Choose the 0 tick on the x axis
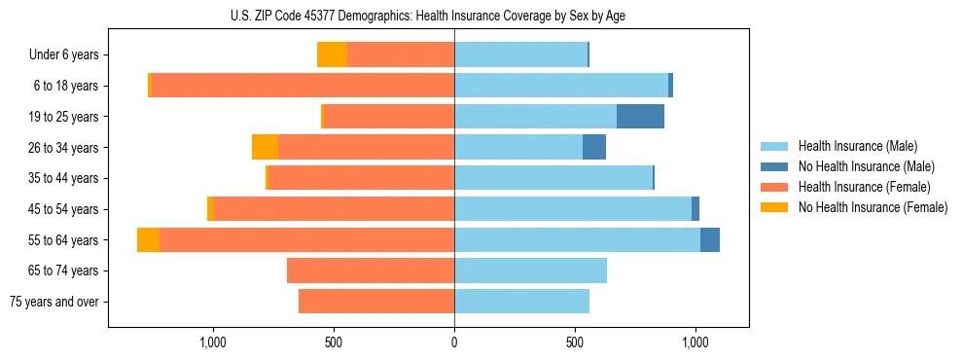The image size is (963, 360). pyautogui.click(x=454, y=342)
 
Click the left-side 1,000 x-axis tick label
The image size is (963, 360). pyautogui.click(x=213, y=342)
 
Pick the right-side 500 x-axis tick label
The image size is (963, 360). pyautogui.click(x=575, y=342)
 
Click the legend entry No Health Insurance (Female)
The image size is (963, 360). pyautogui.click(x=873, y=207)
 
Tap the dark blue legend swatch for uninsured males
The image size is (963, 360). pyautogui.click(x=774, y=166)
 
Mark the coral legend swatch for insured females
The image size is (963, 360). pyautogui.click(x=774, y=187)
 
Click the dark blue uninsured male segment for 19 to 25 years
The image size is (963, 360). pyautogui.click(x=640, y=117)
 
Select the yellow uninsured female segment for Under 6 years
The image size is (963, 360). pyautogui.click(x=332, y=54)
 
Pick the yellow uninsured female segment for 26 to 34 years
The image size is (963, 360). pyautogui.click(x=265, y=147)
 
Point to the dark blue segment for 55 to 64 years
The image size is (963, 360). pyautogui.click(x=710, y=239)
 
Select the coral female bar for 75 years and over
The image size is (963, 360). pyautogui.click(x=376, y=302)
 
